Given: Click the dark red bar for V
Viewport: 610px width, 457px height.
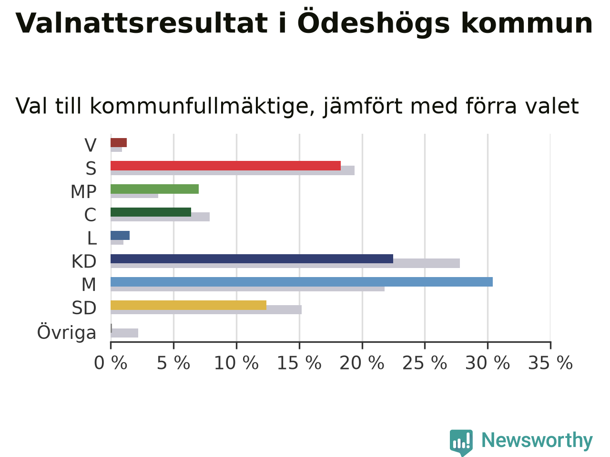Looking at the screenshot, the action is click(119, 143).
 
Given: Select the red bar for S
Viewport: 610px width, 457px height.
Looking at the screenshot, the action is click(226, 166).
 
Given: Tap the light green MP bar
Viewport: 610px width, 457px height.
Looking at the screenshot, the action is click(154, 189).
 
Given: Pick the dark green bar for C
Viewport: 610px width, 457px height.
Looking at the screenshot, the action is click(151, 212).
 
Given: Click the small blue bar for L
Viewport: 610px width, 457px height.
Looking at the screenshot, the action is click(120, 235).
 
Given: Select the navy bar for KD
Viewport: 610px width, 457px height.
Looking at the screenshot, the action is click(252, 258).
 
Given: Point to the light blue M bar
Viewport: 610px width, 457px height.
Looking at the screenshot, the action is click(302, 282).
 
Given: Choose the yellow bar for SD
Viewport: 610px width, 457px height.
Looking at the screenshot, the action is click(188, 305).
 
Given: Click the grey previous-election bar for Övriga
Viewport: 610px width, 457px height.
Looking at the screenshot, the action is click(124, 333).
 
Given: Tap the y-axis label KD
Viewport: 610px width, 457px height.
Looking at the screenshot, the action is click(84, 261).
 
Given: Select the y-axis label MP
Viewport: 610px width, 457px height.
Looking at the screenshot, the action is click(84, 192).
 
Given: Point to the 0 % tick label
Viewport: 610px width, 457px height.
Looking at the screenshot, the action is click(111, 363).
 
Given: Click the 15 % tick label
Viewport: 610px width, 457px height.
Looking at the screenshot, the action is click(299, 363).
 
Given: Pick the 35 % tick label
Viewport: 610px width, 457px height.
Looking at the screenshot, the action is click(550, 363).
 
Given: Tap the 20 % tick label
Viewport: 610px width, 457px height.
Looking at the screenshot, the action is click(362, 363).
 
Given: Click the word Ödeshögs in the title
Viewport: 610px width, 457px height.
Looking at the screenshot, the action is click(374, 23).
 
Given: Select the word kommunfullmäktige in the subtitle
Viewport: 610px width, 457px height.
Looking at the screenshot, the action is click(200, 106).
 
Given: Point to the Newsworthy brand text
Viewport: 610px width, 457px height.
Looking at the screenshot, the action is click(537, 440).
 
